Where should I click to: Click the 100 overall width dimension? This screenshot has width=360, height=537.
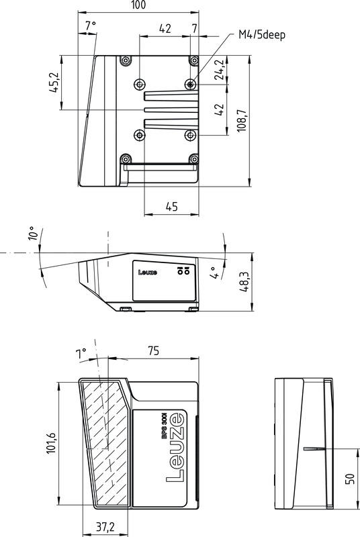[138, 5]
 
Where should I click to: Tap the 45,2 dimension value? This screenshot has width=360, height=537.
[55, 83]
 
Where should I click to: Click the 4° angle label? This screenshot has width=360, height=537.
[214, 273]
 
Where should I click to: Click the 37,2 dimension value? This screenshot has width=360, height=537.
[103, 527]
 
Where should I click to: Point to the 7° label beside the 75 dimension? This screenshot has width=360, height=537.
[81, 353]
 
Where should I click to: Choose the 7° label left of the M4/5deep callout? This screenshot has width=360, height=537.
[91, 26]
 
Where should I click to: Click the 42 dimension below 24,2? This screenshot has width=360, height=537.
[219, 111]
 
